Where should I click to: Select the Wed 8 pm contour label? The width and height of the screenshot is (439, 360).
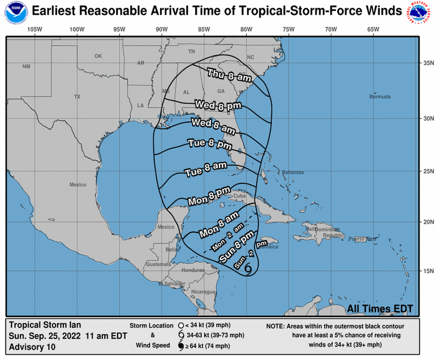coord(218,105)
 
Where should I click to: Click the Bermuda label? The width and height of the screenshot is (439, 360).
coord(380,97)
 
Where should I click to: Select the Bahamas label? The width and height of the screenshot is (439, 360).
coord(293,172)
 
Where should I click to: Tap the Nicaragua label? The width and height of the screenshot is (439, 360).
coord(204,292)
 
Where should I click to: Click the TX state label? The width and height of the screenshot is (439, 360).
coord(77,97)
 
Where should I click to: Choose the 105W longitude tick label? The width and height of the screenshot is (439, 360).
coord(35,30)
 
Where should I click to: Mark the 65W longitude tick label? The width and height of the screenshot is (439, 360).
coord(373,30)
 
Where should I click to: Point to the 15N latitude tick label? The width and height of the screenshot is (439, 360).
coord(427,271)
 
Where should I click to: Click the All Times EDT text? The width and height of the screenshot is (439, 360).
coord(380,308)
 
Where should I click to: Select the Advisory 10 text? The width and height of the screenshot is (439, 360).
coord(32,347)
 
